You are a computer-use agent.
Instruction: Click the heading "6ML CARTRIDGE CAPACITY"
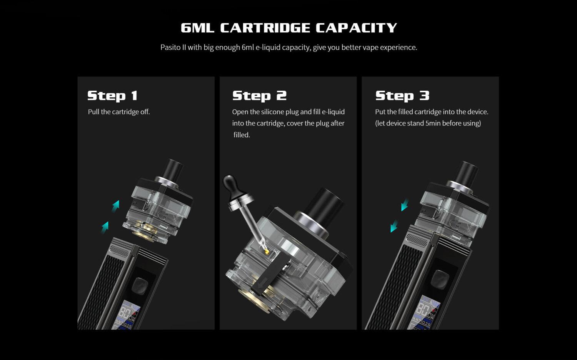coord(288,28)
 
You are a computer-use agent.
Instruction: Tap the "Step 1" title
coord(112,95)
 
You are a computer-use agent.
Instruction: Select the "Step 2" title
coord(259,95)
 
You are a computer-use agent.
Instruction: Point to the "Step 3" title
coord(402,95)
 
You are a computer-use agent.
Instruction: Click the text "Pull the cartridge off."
coord(119,112)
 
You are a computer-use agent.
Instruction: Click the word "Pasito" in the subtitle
coord(170,47)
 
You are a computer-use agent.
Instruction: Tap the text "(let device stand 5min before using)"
coord(428,123)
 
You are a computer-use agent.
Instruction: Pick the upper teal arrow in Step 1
coord(115,206)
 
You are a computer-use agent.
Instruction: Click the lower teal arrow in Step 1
coord(105,227)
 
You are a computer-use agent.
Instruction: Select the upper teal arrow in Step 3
coord(404,205)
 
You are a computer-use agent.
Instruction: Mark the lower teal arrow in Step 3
coord(394,226)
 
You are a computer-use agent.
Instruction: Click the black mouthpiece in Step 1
coord(173,169)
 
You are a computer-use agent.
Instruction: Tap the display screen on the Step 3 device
coord(424,314)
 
